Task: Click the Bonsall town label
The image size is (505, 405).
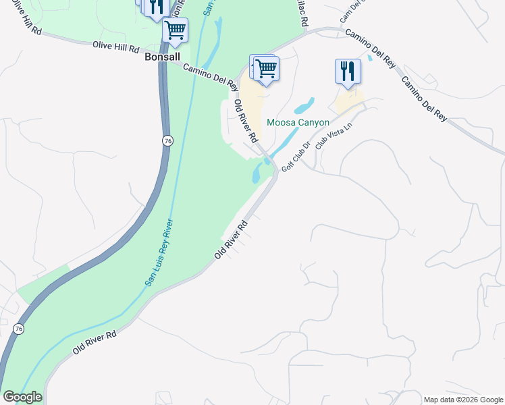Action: point(163,57)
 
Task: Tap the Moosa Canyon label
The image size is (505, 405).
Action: point(298,122)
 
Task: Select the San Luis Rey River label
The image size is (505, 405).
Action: point(159,253)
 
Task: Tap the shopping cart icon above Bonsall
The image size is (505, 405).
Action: point(175,30)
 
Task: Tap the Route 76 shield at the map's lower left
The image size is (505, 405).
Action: point(18,329)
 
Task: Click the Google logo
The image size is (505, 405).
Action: point(22,397)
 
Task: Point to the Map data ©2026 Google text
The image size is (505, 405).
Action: point(463,400)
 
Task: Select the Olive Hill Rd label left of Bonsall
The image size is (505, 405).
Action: point(115,49)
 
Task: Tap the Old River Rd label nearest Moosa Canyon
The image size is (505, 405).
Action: point(246,121)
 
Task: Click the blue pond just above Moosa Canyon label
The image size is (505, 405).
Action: point(304,106)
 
